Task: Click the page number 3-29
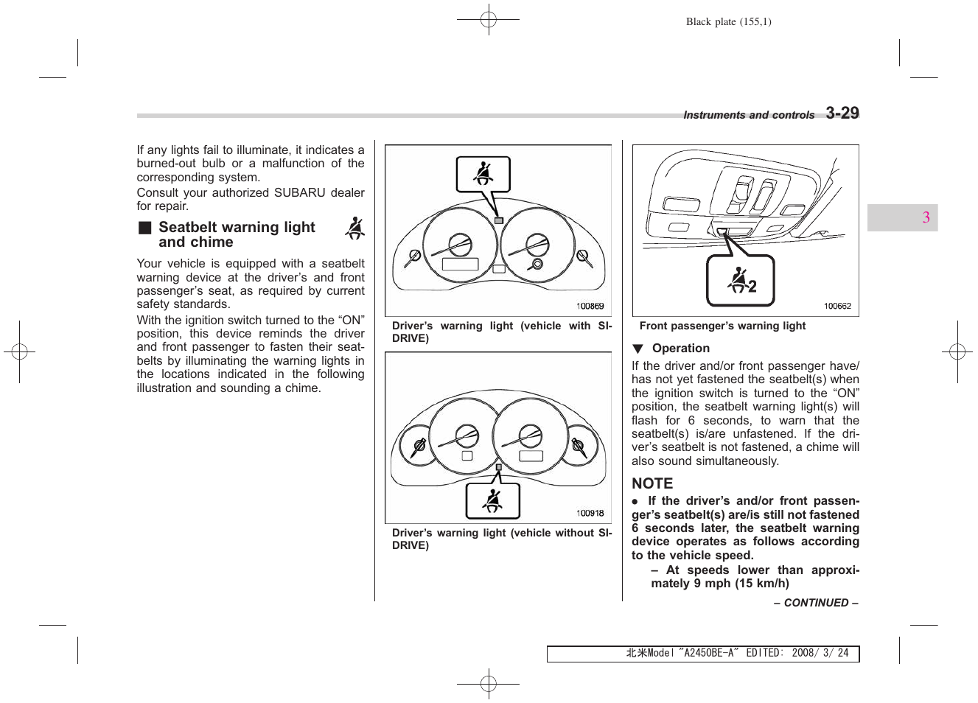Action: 842,113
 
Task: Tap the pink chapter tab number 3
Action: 926,217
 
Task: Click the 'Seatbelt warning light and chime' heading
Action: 236,234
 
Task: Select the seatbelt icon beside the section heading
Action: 355,228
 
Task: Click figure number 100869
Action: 590,306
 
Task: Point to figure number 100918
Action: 590,513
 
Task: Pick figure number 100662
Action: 837,306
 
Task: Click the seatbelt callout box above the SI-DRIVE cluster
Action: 483,175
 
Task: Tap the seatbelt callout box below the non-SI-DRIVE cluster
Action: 492,501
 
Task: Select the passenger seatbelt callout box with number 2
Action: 741,281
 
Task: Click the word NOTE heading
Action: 652,483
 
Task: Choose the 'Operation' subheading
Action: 680,349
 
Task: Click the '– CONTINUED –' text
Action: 816,603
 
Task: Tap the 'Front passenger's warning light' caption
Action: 722,326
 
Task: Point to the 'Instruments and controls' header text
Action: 749,115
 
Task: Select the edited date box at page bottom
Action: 703,654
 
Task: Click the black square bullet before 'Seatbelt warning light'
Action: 145,228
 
